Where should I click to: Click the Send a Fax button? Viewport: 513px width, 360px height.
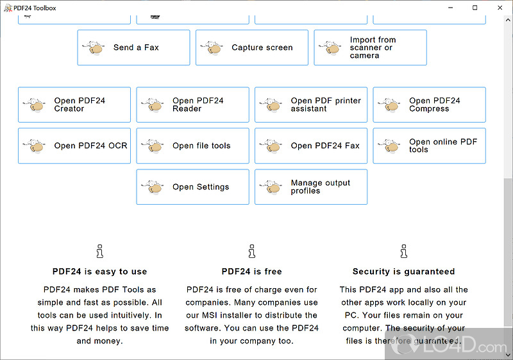tap(133, 47)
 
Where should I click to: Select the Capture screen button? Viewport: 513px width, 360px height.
tap(251, 47)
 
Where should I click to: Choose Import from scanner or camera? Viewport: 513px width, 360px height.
tap(370, 47)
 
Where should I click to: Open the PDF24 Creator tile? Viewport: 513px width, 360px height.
tap(74, 105)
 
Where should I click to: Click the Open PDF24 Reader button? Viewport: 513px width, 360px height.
tap(192, 105)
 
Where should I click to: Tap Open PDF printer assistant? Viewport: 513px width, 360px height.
tap(311, 105)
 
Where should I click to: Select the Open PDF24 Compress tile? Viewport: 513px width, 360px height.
tap(429, 105)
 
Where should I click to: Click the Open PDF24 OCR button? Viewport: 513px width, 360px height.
tap(74, 146)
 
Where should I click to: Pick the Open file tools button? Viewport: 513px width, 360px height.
tap(192, 146)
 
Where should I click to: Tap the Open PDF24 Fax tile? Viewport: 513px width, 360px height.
tap(311, 146)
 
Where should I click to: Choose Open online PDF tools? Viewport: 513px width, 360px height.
tap(429, 146)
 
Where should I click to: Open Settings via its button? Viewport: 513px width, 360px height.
tap(192, 187)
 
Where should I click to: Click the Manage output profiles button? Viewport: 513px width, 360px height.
tap(311, 187)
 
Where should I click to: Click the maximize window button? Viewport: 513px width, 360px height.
tap(475, 8)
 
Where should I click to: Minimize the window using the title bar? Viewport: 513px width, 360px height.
tap(451, 8)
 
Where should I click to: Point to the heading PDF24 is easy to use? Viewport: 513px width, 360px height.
tap(99, 271)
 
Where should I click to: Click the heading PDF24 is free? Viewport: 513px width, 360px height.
tap(251, 271)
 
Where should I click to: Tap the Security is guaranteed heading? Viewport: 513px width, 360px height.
tap(403, 271)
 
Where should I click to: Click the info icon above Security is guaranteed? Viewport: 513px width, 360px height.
tap(404, 250)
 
